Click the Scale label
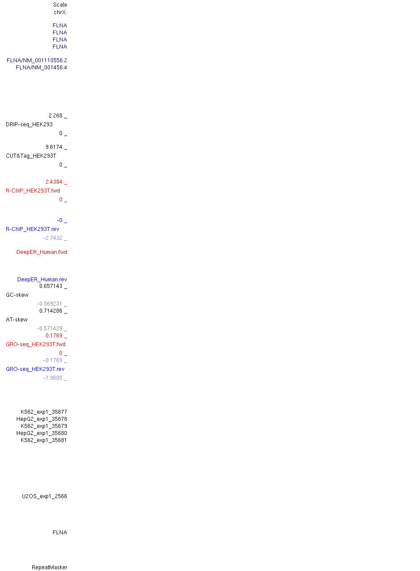pos(60,5)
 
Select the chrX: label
pos(61,12)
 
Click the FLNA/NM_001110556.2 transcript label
pos(37,61)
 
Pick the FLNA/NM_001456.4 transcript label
pos(41,68)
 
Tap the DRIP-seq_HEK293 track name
pos(29,125)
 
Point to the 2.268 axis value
pos(55,116)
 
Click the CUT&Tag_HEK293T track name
pos(31,156)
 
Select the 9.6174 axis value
pos(54,147)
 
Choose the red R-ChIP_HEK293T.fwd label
pos(33,191)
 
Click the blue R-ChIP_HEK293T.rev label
pos(32,229)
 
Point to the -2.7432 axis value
pos(53,238)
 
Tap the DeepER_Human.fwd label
pos(42,252)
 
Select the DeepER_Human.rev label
pos(42,280)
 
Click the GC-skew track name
pos(17,295)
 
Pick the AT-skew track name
pos(17,320)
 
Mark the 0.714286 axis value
pos(51,311)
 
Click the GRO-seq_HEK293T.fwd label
pos(35,344)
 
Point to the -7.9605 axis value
pos(53,378)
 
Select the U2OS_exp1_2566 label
pos(44,496)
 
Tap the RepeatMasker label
pos(50,567)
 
